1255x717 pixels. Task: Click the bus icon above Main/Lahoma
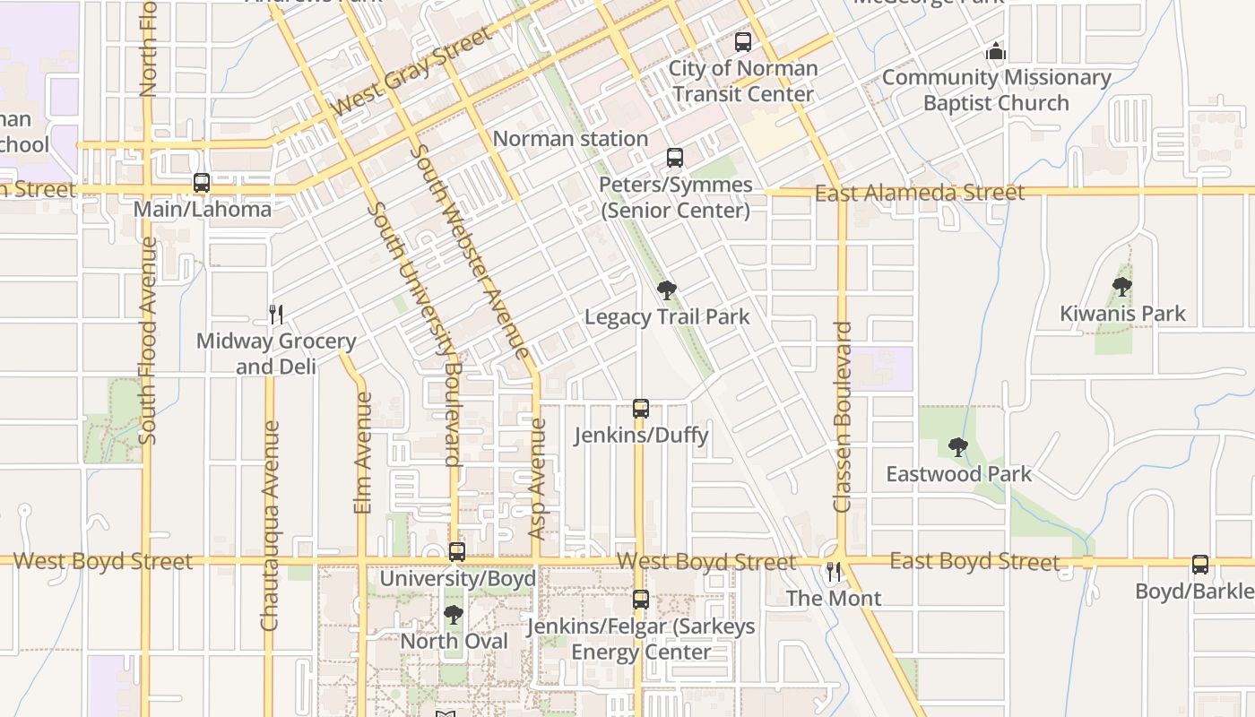pyautogui.click(x=202, y=183)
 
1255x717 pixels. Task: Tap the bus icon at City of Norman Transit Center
pyautogui.click(x=743, y=41)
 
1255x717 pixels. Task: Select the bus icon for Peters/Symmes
pyautogui.click(x=675, y=158)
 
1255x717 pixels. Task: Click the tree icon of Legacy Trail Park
pyautogui.click(x=666, y=289)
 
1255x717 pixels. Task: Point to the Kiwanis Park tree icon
pyautogui.click(x=1121, y=287)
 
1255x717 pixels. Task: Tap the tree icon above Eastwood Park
pyautogui.click(x=958, y=446)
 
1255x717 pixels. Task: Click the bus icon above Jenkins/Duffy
pyautogui.click(x=641, y=409)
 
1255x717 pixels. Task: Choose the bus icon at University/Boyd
pyautogui.click(x=457, y=552)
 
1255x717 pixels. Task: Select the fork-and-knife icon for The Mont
pyautogui.click(x=834, y=572)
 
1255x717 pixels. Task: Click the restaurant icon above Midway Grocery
pyautogui.click(x=276, y=314)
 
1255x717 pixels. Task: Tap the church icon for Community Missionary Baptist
pyautogui.click(x=996, y=52)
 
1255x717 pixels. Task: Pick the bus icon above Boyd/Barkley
pyautogui.click(x=1200, y=565)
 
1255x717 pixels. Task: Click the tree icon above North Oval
pyautogui.click(x=454, y=615)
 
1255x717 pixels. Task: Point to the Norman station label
pyautogui.click(x=570, y=139)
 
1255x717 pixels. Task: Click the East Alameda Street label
pyautogui.click(x=919, y=193)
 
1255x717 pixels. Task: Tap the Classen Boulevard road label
pyautogui.click(x=842, y=417)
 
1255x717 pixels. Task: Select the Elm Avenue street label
pyautogui.click(x=363, y=453)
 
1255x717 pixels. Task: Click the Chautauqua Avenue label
pyautogui.click(x=270, y=525)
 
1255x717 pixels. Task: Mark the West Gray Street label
pyautogui.click(x=412, y=71)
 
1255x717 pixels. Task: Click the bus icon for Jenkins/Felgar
pyautogui.click(x=641, y=600)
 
